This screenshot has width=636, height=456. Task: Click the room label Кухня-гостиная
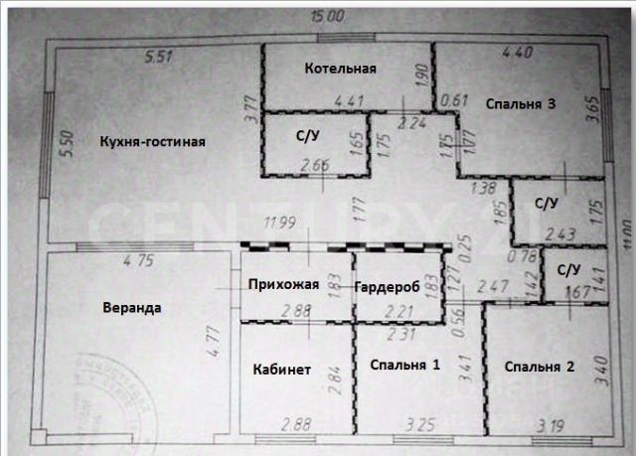152,141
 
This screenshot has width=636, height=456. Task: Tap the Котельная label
340,69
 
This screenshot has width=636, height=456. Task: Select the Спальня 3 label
520,103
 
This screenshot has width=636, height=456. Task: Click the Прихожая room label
283,285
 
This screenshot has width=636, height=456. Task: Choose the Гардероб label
388,286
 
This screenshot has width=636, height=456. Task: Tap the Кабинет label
281,370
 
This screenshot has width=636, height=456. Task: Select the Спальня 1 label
403,366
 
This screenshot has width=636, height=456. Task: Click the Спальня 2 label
539,367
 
